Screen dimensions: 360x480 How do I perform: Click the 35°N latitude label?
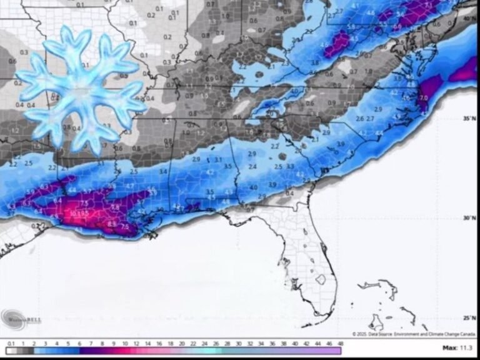[x=470, y=118]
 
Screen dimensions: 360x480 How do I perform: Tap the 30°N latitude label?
[x=470, y=218]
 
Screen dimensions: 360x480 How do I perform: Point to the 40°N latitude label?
[x=470, y=19]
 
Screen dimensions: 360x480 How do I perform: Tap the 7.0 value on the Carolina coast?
[x=423, y=98]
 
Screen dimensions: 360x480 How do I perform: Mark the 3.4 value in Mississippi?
[x=162, y=171]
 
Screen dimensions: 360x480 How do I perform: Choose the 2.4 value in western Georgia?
[x=252, y=167]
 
